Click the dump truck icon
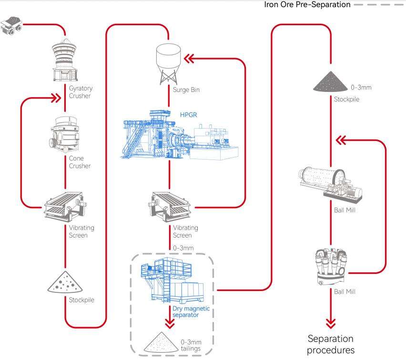tap(11, 25)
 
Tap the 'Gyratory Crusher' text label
tap(81, 92)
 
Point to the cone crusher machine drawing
tap(64, 135)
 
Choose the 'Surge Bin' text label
tap(186, 90)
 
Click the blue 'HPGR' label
tap(189, 115)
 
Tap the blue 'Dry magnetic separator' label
tap(191, 311)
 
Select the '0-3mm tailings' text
tap(191, 345)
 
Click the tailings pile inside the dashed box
tap(161, 342)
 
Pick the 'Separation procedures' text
tap(331, 344)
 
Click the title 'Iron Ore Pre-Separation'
tap(307, 4)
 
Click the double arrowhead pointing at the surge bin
tap(189, 59)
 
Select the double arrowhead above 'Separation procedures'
tap(331, 323)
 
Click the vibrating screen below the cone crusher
tap(65, 207)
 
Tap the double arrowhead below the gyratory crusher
tap(56, 98)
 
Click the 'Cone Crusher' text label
tap(80, 162)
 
